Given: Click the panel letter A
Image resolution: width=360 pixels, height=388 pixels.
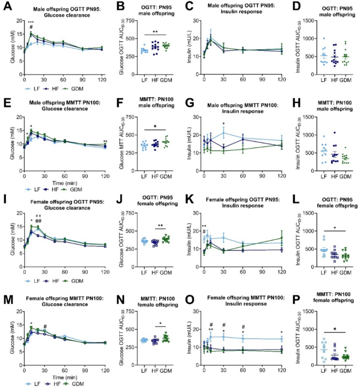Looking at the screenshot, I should click(5, 5).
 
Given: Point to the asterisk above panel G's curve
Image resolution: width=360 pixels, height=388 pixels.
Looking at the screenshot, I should click(224, 124).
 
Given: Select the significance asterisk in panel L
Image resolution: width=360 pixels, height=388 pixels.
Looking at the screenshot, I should click(327, 229).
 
